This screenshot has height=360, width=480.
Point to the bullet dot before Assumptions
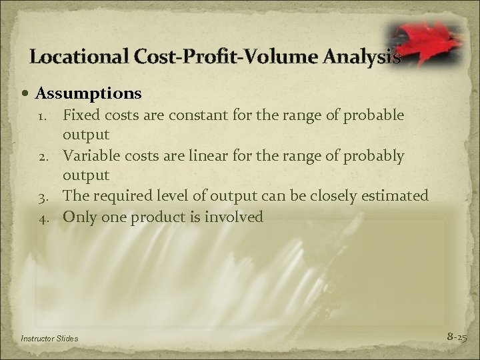coord(27,92)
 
